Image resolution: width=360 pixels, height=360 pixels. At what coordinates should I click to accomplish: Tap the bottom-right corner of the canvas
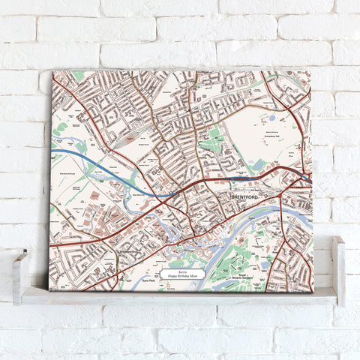(x=313, y=291)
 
